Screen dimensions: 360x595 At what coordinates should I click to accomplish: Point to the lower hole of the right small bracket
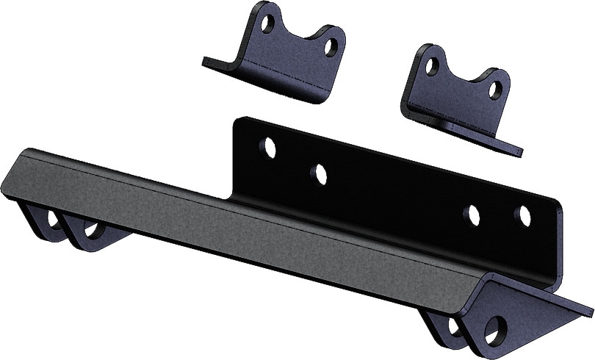pyautogui.click(x=497, y=90)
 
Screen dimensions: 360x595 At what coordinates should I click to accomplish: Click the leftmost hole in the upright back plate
pyautogui.click(x=270, y=148)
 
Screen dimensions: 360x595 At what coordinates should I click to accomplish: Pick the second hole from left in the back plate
pyautogui.click(x=319, y=174)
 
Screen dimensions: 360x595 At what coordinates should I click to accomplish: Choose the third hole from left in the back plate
pyautogui.click(x=472, y=214)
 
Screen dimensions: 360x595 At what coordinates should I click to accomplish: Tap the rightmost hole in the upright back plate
pyautogui.click(x=523, y=216)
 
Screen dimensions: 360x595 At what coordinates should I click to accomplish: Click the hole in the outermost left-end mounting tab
pyautogui.click(x=54, y=220)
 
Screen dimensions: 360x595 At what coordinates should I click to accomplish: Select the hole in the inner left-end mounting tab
pyautogui.click(x=93, y=229)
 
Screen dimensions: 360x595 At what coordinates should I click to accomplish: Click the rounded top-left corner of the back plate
pyautogui.click(x=239, y=122)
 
